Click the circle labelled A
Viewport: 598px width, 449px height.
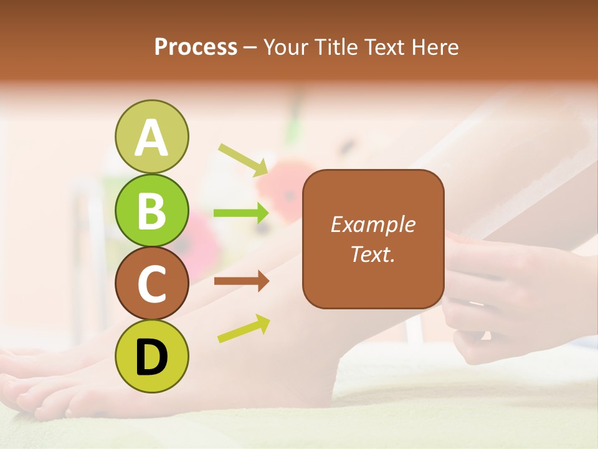click(x=151, y=137)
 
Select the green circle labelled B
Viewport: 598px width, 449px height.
click(x=151, y=210)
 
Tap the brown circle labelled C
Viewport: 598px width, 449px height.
click(x=151, y=283)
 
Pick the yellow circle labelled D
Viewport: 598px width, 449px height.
click(x=151, y=356)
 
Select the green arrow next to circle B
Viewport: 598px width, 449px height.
click(x=241, y=213)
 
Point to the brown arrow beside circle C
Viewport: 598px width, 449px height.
click(x=241, y=281)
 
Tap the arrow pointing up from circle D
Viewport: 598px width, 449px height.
click(x=244, y=329)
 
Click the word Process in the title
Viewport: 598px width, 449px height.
click(x=196, y=47)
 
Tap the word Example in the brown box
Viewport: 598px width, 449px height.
click(x=373, y=224)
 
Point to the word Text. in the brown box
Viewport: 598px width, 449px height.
click(x=373, y=254)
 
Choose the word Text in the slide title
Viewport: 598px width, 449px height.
click(x=381, y=47)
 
